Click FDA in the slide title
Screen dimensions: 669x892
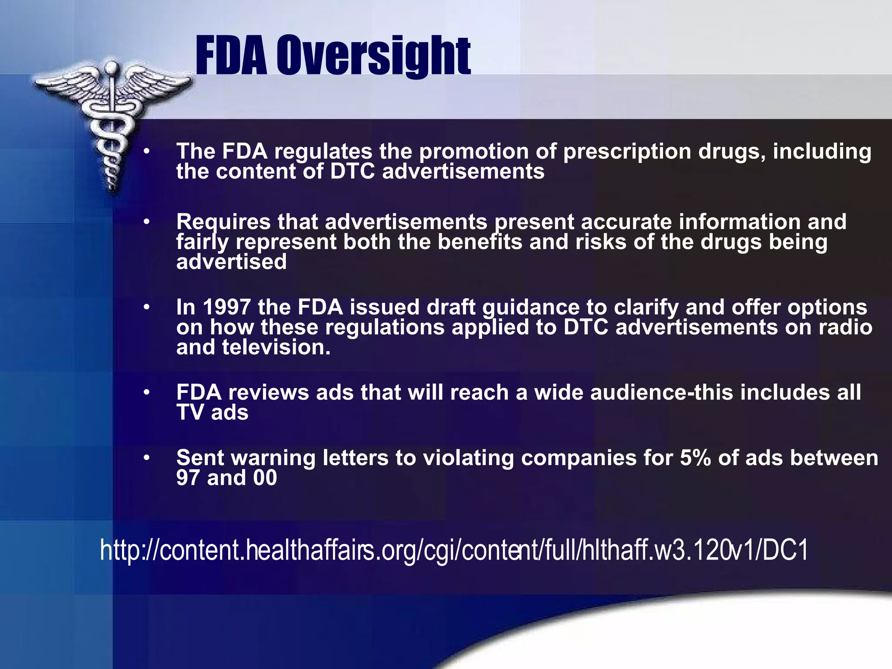tap(231, 56)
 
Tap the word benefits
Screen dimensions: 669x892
tap(480, 242)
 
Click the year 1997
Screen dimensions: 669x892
tap(226, 307)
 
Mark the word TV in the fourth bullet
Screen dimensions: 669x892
tap(190, 412)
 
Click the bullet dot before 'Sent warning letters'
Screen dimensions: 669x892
tap(147, 458)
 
